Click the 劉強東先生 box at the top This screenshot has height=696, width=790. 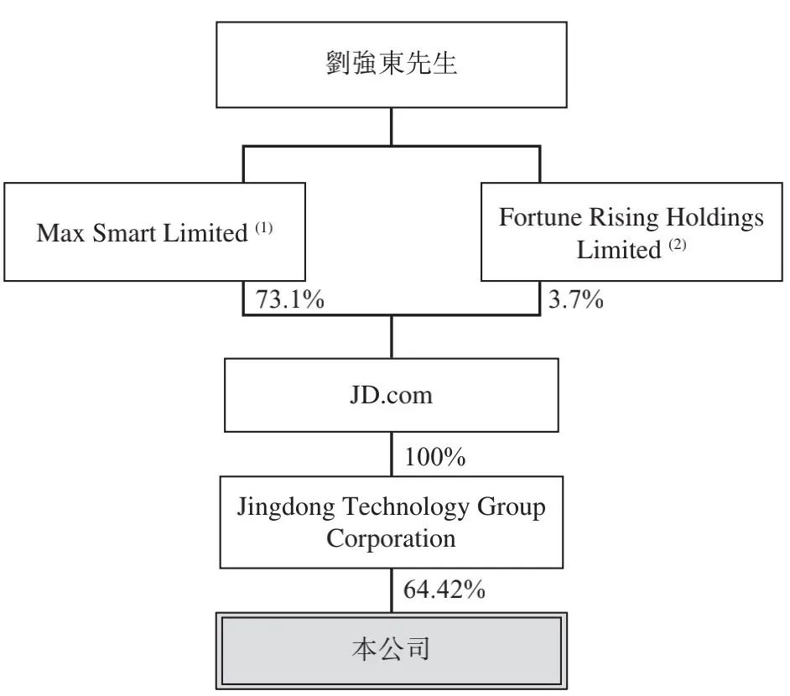coord(392,65)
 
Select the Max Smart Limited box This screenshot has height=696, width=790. coord(154,231)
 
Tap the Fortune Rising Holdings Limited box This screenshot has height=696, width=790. coord(631,231)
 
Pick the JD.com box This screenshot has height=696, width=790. coord(392,395)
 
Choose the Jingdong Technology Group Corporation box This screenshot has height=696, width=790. coord(392,522)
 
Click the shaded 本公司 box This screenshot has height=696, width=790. coord(392,651)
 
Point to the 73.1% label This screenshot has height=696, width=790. coord(289,299)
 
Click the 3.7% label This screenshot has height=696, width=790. coord(576,299)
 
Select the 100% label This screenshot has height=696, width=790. coord(435,457)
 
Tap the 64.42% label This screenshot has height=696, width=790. coord(444,590)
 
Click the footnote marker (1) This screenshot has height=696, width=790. coord(264,228)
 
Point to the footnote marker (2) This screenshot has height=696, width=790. coord(678,245)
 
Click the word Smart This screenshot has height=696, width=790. coord(124,232)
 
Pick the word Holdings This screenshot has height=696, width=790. coord(715,218)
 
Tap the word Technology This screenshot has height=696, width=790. coord(406,507)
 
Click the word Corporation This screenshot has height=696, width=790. coord(392,539)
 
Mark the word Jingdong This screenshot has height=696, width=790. coord(286,507)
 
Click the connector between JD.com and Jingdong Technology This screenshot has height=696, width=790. coord(392,454)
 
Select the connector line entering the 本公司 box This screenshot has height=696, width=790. coord(392,590)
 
